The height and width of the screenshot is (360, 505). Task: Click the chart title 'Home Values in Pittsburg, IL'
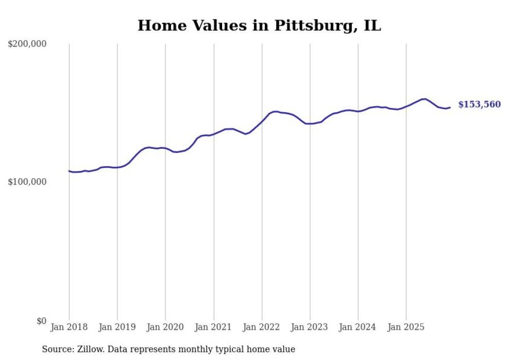click(x=259, y=25)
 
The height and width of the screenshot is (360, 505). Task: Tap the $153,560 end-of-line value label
click(x=479, y=105)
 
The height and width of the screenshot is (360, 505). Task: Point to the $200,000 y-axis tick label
click(x=27, y=44)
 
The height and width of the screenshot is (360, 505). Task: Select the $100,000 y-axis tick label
click(x=27, y=182)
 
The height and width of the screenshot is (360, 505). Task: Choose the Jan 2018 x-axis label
click(x=69, y=327)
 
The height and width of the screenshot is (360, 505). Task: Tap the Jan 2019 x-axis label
click(x=117, y=327)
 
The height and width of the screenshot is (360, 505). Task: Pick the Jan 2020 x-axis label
click(x=165, y=327)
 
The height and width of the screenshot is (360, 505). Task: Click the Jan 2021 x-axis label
click(x=213, y=327)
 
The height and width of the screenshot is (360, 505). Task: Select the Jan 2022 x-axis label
click(x=261, y=327)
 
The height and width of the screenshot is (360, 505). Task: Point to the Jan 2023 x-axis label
click(x=310, y=327)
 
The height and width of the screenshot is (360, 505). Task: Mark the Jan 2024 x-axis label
click(x=358, y=327)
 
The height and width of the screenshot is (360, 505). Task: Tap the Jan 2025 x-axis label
click(x=406, y=327)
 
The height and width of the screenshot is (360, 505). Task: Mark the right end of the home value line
click(x=450, y=107)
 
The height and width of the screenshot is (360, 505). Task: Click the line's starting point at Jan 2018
click(x=69, y=171)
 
